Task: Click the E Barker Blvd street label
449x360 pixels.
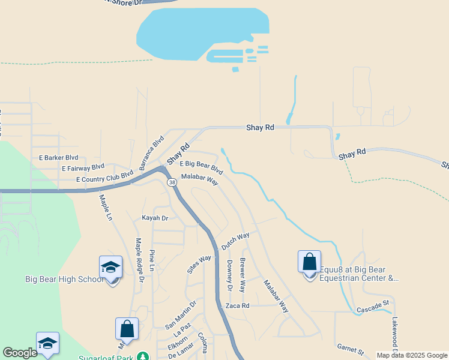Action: (x=58, y=157)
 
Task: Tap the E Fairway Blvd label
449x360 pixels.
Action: (x=83, y=167)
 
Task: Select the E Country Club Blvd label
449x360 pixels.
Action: (x=104, y=178)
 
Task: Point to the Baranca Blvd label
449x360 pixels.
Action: (x=152, y=152)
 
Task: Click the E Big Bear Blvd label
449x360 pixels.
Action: (x=201, y=167)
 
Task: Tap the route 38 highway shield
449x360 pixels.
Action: (x=172, y=182)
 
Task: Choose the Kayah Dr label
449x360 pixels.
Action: (x=155, y=218)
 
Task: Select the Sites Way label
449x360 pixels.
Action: (x=199, y=264)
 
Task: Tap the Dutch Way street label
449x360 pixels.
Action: (x=235, y=241)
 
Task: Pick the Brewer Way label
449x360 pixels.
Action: (x=243, y=275)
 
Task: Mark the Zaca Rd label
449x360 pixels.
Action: (x=237, y=305)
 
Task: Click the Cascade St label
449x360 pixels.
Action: (x=373, y=310)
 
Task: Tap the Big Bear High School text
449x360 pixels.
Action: (x=65, y=280)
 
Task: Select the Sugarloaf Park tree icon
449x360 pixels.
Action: (x=142, y=357)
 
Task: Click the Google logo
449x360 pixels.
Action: (x=20, y=353)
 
